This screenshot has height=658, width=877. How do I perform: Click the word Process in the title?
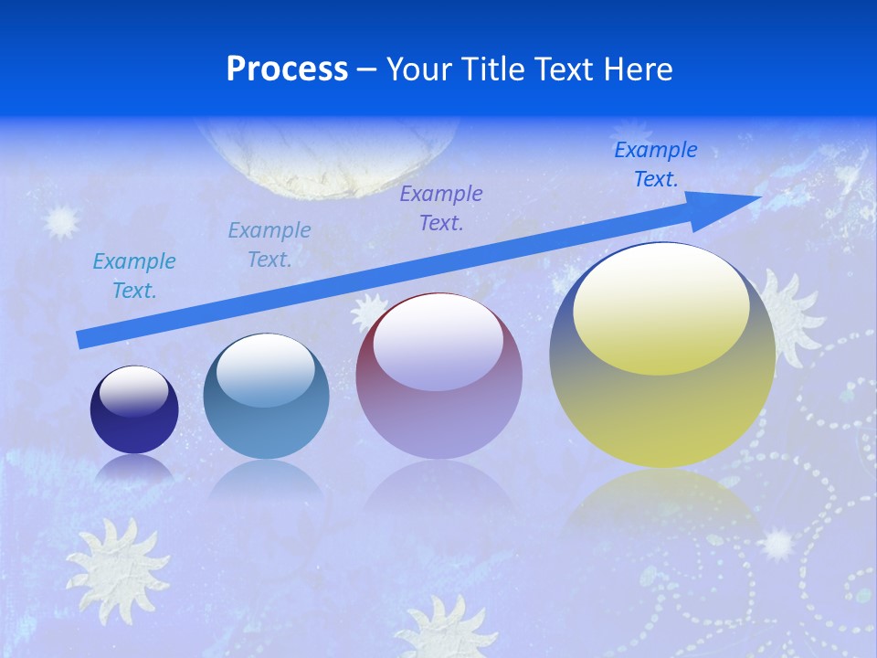click(287, 69)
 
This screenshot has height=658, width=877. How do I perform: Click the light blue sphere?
click(266, 397)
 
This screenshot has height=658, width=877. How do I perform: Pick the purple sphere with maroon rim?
click(439, 377)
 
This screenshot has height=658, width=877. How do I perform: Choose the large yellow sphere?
click(662, 355)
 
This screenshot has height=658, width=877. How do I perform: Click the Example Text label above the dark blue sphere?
click(134, 276)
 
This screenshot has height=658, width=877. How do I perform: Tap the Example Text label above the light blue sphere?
click(269, 245)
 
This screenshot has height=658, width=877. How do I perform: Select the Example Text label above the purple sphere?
click(441, 207)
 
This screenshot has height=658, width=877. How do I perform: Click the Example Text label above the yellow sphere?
click(656, 164)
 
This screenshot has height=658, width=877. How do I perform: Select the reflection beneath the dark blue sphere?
click(134, 468)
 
